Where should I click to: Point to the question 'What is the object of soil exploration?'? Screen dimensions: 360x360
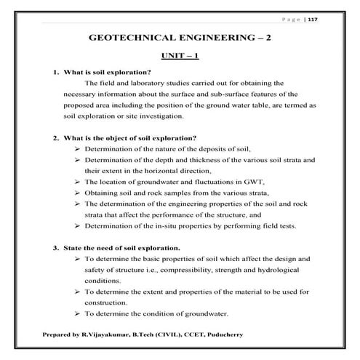pyautogui.click(x=129, y=138)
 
